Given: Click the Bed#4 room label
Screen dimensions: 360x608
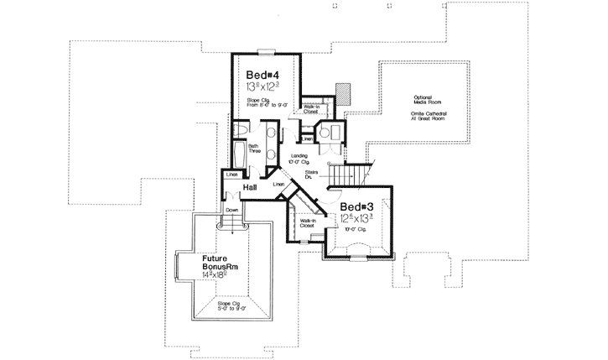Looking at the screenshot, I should click(x=262, y=74).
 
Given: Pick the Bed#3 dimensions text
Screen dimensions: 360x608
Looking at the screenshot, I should click(x=358, y=219).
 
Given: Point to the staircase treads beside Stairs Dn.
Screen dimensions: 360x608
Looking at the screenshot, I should click(x=346, y=175).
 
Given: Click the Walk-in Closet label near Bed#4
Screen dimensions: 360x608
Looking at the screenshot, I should click(x=309, y=109).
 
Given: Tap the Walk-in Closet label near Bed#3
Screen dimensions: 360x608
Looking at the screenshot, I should click(x=307, y=223).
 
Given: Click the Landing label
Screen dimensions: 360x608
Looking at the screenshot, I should click(x=299, y=156).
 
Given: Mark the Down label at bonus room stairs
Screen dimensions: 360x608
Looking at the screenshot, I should click(x=231, y=210).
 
